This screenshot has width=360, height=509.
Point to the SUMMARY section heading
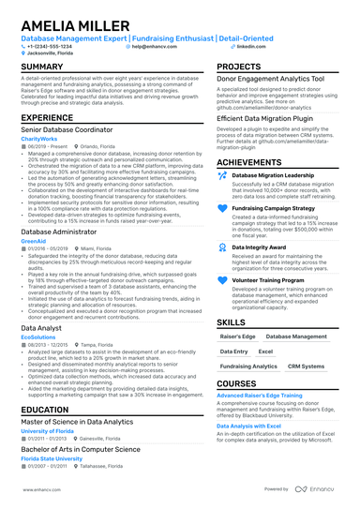tap(42, 67)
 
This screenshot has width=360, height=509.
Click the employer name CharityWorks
tap(37, 139)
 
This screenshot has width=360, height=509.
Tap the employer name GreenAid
tap(33, 241)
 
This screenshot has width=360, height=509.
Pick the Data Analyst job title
tap(43, 327)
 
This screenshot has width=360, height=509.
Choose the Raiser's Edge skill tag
tap(237, 335)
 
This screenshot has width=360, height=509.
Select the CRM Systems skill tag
tap(306, 367)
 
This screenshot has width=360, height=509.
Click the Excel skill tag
tap(266, 351)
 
